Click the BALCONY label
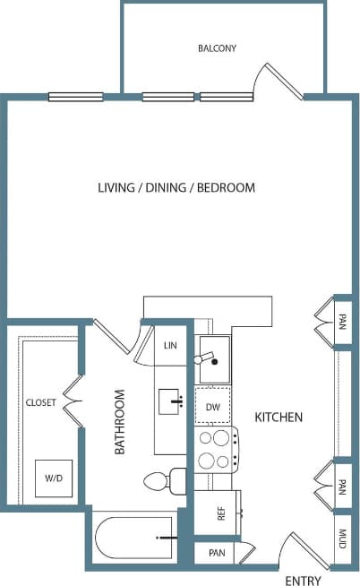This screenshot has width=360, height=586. tap(217, 48)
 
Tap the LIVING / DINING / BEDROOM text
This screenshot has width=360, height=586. tap(176, 188)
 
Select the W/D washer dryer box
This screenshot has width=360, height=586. tap(54, 478)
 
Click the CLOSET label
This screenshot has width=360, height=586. tap(41, 402)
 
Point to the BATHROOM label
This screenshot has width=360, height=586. tap(119, 423)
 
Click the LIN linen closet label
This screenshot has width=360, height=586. tap(171, 345)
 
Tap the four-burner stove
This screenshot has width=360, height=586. tap(215, 449)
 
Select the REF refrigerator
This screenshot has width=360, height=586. tap(219, 513)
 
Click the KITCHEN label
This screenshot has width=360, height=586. tap(279, 418)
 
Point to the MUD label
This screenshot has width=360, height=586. tap(344, 539)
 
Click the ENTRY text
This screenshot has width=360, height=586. tap(302, 581)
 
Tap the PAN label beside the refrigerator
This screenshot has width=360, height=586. tap(217, 554)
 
